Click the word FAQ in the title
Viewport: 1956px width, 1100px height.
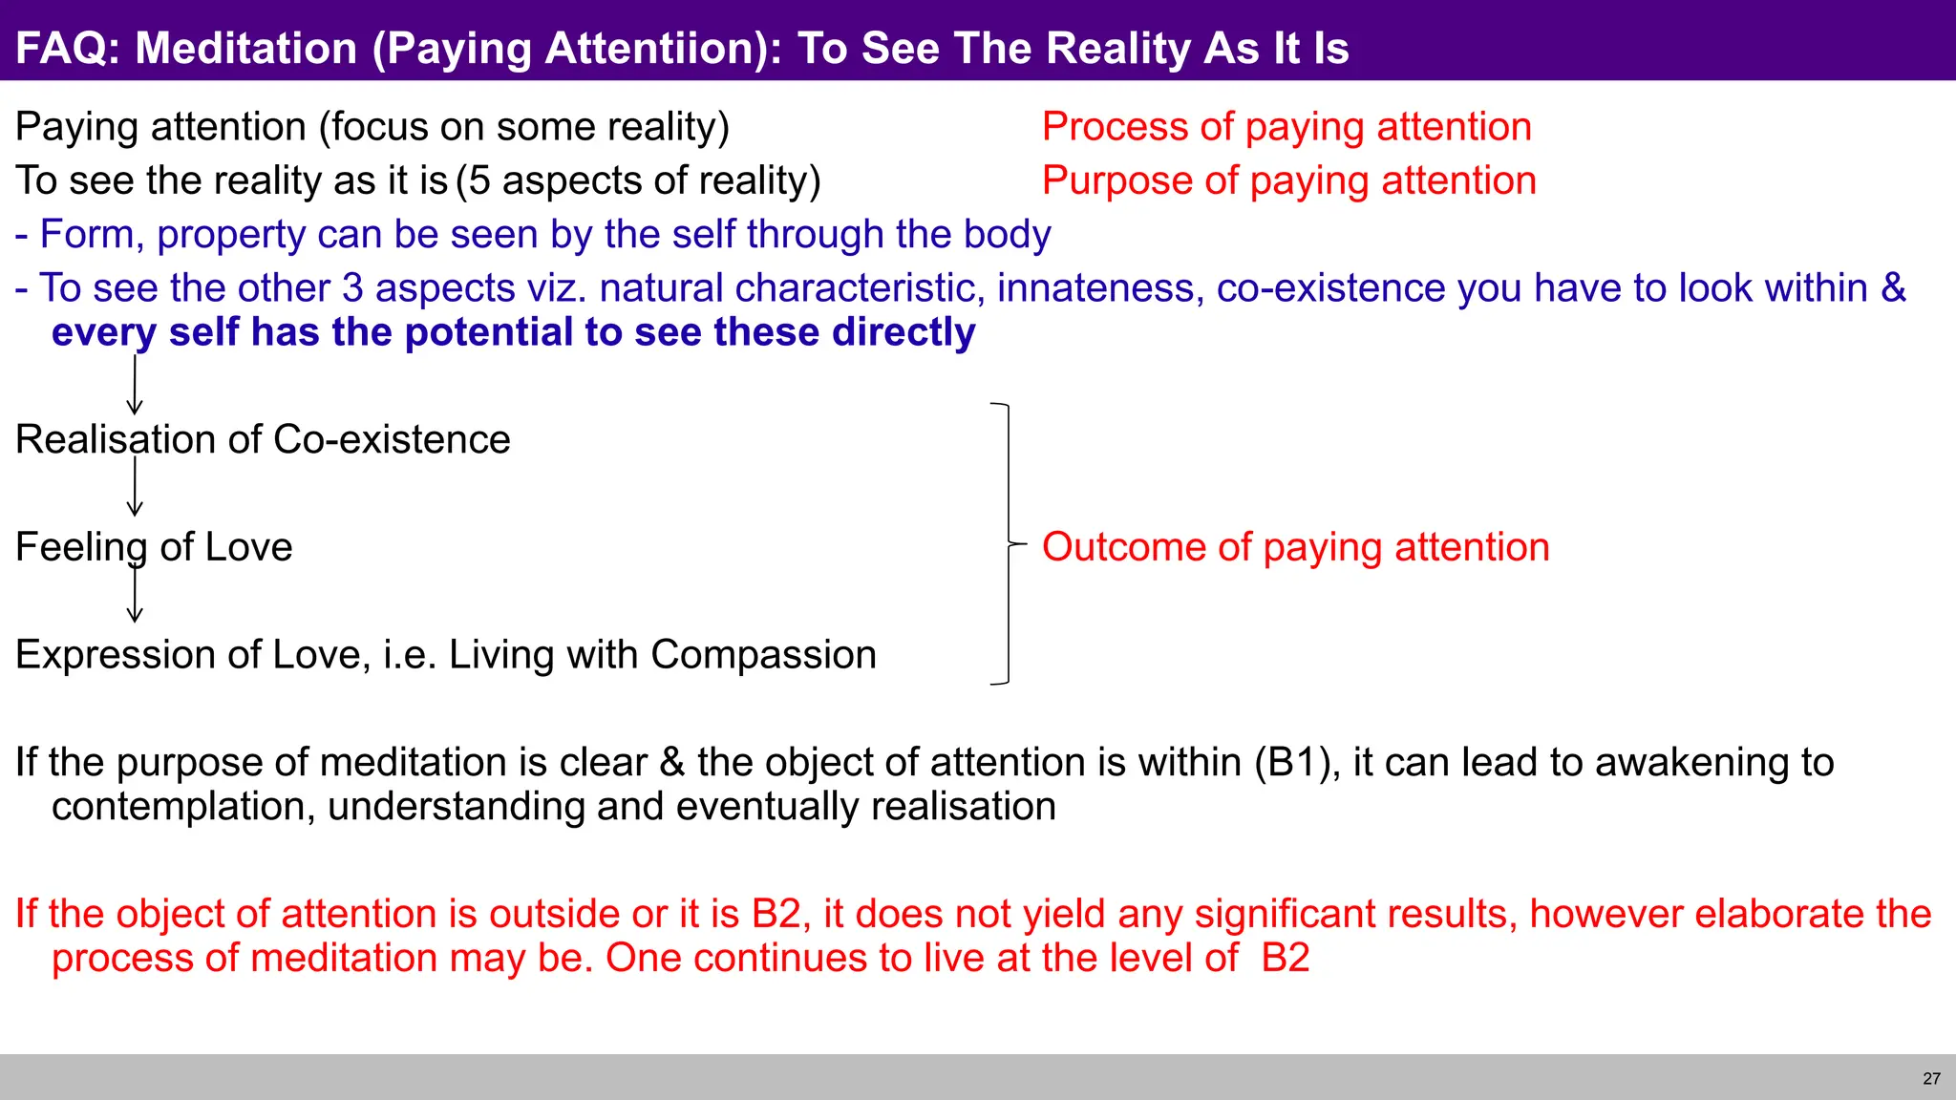point(65,48)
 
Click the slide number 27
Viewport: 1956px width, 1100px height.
point(1931,1078)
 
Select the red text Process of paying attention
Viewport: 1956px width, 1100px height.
point(1286,127)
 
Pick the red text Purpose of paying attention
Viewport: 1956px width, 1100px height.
point(1288,180)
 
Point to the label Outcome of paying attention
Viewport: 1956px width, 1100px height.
point(1295,547)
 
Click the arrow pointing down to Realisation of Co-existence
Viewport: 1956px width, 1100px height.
point(135,386)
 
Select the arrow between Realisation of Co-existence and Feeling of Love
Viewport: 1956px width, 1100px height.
point(135,487)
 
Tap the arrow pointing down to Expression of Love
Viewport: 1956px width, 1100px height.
point(135,595)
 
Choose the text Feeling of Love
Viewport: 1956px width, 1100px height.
point(154,547)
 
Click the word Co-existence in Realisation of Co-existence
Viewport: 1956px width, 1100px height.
point(392,440)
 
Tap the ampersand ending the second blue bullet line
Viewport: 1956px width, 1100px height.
point(1893,288)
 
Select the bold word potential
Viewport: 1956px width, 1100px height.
point(489,332)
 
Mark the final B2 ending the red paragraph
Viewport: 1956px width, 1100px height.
point(1285,959)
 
